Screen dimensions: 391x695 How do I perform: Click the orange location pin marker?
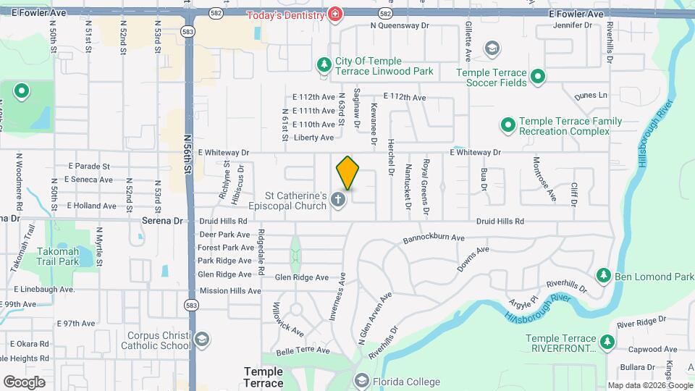[347, 172]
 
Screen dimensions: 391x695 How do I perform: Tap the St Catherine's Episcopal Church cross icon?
[338, 200]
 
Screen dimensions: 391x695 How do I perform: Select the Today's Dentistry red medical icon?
[334, 14]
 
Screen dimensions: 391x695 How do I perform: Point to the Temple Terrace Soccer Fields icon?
[538, 76]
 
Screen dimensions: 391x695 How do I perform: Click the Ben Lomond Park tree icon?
[603, 276]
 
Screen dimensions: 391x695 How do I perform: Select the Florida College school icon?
[361, 381]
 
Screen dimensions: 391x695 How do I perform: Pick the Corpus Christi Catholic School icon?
[201, 339]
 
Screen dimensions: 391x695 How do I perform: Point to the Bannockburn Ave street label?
[434, 237]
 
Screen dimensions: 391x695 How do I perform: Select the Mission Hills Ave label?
[229, 290]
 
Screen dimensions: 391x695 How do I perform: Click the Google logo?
[24, 382]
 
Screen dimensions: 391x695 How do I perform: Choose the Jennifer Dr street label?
[572, 25]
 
